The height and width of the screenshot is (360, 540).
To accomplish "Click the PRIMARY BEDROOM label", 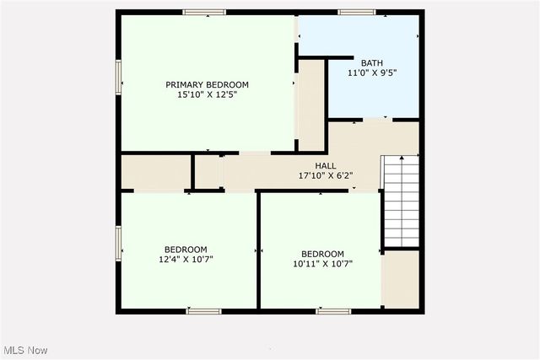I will coord(207,84).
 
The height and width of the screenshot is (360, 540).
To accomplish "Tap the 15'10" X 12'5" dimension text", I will coord(207,95).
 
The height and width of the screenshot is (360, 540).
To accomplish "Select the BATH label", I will coord(372,62).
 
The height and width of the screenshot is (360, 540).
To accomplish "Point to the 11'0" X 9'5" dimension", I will coord(372,73).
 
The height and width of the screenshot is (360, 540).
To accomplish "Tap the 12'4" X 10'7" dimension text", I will coord(186,260).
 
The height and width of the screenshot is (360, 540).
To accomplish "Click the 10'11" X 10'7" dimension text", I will coord(322,264).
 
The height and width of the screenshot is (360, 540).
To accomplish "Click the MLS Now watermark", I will coord(25,350).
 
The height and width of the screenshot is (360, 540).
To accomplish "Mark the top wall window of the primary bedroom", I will coord(204,12).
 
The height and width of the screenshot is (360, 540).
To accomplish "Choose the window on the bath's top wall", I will coord(357,12).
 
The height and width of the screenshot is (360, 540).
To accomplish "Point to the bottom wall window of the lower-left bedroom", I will coord(204,311).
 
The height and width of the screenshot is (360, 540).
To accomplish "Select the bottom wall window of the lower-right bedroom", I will coord(333,311).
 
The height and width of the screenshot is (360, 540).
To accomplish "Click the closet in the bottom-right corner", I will coord(401,280).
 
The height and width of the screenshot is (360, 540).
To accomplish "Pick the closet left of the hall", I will coord(155,172).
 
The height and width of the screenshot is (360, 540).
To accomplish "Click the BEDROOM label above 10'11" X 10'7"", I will coord(322,254).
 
